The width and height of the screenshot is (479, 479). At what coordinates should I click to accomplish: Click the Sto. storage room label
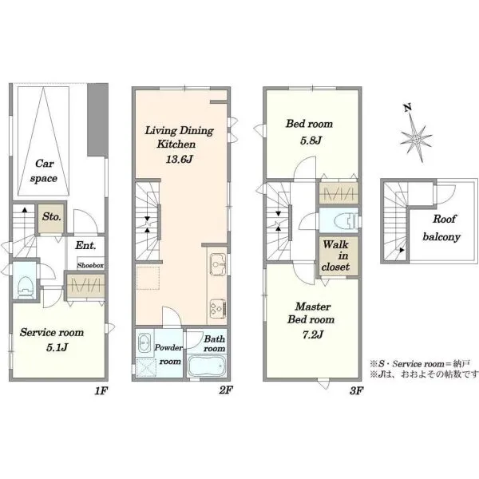[52, 217]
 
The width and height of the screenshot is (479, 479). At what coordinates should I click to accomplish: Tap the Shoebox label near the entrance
[90, 266]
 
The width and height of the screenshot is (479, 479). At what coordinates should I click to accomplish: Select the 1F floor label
[101, 390]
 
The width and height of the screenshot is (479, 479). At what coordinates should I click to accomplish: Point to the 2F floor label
[226, 390]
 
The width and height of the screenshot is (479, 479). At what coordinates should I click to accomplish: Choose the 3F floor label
[357, 390]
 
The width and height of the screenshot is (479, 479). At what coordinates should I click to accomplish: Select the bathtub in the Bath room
[206, 366]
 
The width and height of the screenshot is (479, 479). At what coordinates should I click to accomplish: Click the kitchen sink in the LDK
[217, 264]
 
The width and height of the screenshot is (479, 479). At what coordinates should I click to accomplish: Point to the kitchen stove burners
[217, 307]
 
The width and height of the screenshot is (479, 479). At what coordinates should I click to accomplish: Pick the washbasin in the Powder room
[144, 342]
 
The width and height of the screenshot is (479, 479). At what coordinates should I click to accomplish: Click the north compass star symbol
[417, 139]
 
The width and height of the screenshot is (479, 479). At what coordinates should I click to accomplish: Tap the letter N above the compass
[407, 108]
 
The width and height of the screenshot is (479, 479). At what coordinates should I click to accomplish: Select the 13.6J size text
[180, 159]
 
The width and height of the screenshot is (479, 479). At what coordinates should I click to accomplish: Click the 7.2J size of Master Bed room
[313, 335]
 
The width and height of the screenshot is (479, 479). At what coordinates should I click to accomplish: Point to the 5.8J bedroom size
[311, 141]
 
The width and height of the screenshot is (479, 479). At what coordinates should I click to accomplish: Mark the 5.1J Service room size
[57, 347]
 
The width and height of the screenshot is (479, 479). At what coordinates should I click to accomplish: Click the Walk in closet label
[335, 255]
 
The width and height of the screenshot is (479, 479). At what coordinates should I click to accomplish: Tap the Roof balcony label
[442, 228]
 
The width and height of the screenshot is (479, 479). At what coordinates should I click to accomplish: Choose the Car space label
[44, 171]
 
